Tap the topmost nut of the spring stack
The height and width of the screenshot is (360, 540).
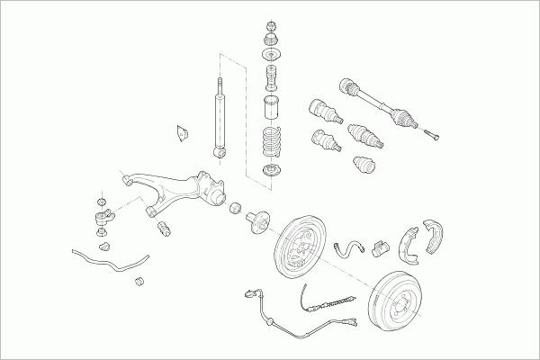(x=271, y=23)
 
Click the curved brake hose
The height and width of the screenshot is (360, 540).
(x=344, y=247)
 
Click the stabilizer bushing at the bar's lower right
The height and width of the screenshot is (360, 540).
(x=139, y=283)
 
